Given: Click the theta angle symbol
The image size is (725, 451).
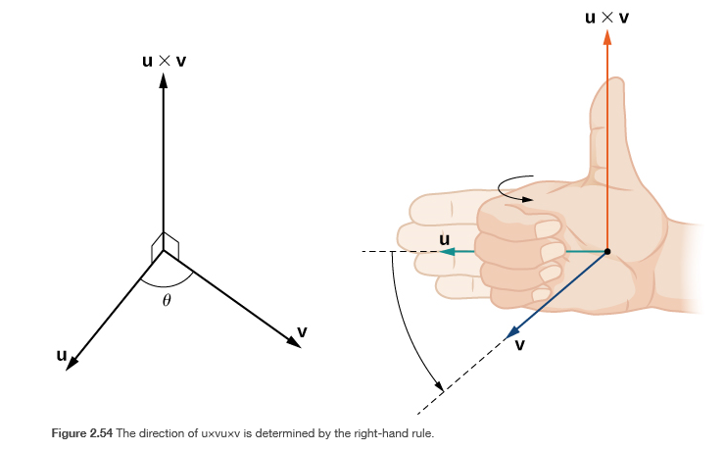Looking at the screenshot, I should coord(167,301).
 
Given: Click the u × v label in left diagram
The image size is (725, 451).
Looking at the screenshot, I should coord(164,61).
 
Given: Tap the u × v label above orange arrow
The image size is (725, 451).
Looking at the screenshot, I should coord(607,16).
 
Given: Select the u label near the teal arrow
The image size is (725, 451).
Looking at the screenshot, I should coord(444,239).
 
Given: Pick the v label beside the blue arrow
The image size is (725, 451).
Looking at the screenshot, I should coord(519,344).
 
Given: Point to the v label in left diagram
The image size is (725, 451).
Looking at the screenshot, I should coord(302,332).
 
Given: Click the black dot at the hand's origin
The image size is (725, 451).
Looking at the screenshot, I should coord(607,252).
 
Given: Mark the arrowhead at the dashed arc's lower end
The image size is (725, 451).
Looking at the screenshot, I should coord(440,386).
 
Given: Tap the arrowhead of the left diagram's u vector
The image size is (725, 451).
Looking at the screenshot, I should coord(72,364).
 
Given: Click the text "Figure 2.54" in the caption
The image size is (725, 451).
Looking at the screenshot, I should coord(82,432).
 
